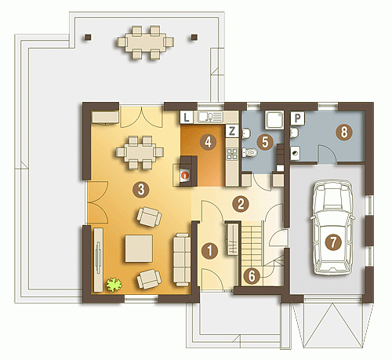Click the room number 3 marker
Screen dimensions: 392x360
tap(141, 189)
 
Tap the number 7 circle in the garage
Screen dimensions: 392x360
tap(333, 242)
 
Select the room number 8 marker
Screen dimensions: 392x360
tap(344, 132)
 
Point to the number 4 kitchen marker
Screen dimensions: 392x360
tap(209, 142)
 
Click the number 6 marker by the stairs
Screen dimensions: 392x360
tap(252, 276)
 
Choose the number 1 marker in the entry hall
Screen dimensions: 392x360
tap(209, 250)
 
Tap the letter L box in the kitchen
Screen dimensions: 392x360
tap(187, 117)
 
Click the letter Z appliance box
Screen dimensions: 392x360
tap(232, 131)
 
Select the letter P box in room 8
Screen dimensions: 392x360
tap(297, 118)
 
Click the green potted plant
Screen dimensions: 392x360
tap(114, 285)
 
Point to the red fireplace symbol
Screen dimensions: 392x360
tap(185, 176)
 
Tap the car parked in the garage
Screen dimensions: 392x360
tap(332, 227)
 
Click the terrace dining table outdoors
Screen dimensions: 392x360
tap(145, 42)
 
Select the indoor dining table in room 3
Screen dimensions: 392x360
tap(140, 152)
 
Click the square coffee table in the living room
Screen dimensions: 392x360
tap(139, 249)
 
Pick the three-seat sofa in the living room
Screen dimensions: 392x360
tap(182, 260)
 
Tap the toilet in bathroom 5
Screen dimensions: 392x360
tap(250, 152)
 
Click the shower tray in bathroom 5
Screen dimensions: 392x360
tap(274, 120)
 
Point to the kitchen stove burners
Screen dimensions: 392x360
tap(232, 154)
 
